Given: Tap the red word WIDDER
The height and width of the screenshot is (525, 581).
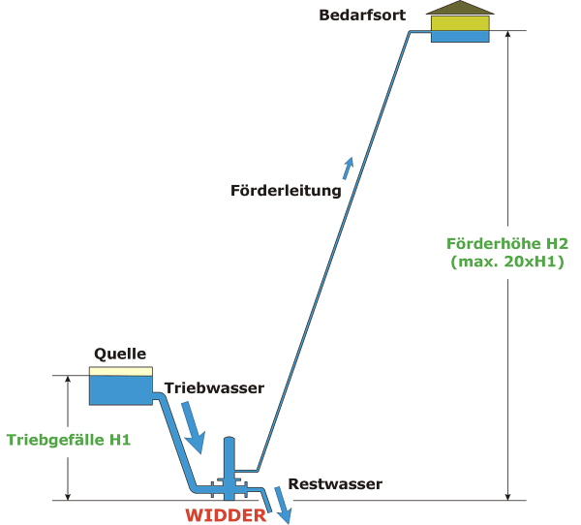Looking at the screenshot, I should pyautogui.click(x=226, y=515).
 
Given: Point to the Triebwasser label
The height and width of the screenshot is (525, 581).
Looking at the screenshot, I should pyautogui.click(x=214, y=387).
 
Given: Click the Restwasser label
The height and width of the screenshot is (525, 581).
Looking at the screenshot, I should pyautogui.click(x=335, y=483).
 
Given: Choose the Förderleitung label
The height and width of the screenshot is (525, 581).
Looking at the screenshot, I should pyautogui.click(x=286, y=190).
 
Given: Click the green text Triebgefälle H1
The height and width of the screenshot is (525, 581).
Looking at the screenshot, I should pyautogui.click(x=69, y=439).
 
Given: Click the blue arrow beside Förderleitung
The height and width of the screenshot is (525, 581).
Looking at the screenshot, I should pyautogui.click(x=348, y=167).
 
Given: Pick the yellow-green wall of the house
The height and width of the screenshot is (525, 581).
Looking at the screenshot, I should pyautogui.click(x=459, y=22).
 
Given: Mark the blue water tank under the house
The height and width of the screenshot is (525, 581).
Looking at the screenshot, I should pyautogui.click(x=459, y=36).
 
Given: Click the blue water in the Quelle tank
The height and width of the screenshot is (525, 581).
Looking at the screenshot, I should pyautogui.click(x=120, y=389).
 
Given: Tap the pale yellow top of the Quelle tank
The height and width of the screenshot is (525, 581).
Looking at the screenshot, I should pyautogui.click(x=120, y=371).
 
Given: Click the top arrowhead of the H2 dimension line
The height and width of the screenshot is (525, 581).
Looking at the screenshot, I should pyautogui.click(x=507, y=37).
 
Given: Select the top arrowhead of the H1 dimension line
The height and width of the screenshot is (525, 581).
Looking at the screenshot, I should pyautogui.click(x=68, y=382).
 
